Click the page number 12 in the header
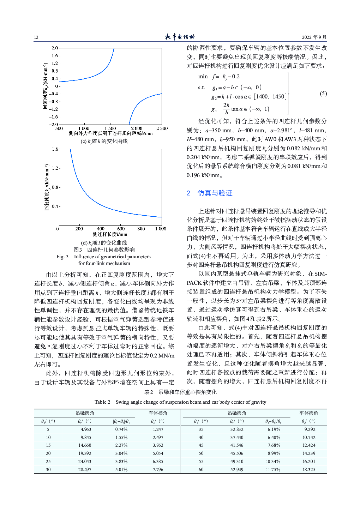(36, 37)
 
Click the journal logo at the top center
(180, 37)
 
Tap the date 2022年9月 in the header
(314, 37)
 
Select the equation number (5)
(323, 94)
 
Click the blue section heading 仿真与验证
(215, 193)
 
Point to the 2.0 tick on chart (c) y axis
(55, 48)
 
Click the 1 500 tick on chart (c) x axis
(110, 128)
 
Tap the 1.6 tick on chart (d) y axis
(55, 149)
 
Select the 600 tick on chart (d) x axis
(121, 229)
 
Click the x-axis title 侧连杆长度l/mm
(110, 234)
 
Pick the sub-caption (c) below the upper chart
(104, 141)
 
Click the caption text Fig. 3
(62, 257)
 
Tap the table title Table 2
(102, 402)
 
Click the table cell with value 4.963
(86, 429)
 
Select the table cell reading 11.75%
(273, 470)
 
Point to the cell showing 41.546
(237, 445)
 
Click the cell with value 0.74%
(121, 429)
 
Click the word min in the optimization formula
(203, 77)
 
